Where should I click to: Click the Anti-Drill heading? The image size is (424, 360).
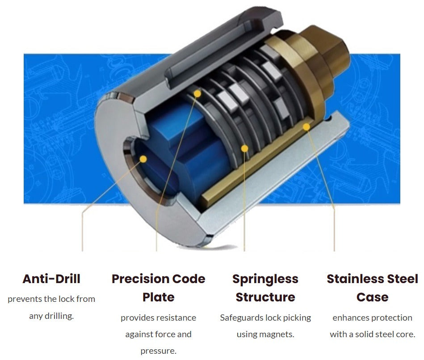[51, 279]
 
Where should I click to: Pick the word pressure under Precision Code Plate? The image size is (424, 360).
[158, 352]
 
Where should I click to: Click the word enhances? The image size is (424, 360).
[347, 318]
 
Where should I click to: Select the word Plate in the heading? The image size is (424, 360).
[159, 297]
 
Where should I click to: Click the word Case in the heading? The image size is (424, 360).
[372, 297]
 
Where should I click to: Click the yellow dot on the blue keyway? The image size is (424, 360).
[143, 159]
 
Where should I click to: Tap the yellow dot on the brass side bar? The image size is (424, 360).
[306, 127]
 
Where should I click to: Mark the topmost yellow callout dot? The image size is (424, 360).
[197, 93]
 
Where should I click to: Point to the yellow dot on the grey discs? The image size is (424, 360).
[244, 148]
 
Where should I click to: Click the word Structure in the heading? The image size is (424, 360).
[265, 297]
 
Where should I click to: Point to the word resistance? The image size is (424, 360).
[177, 318]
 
